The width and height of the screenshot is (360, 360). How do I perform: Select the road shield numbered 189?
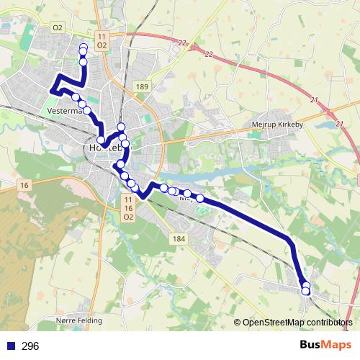click(x=142, y=86)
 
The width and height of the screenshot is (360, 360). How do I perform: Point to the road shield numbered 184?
click(x=179, y=238)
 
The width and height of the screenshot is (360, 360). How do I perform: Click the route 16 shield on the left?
click(x=25, y=186)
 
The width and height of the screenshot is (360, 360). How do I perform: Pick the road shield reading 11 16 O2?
click(x=128, y=207)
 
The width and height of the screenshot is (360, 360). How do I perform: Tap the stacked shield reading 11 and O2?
click(x=102, y=40)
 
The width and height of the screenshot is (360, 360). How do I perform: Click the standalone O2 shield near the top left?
click(x=58, y=27)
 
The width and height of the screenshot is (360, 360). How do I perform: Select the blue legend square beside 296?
click(x=10, y=346)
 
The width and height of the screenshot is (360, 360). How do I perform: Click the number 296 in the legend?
click(x=30, y=346)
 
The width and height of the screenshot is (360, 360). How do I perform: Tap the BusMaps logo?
click(x=322, y=345)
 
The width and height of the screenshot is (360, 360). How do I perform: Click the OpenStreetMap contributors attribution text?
click(x=297, y=323)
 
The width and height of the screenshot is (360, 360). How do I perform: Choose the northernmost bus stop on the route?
click(x=84, y=48)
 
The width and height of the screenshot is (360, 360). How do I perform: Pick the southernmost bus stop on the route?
click(x=306, y=291)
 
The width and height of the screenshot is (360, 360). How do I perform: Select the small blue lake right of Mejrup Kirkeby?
click(x=338, y=124)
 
